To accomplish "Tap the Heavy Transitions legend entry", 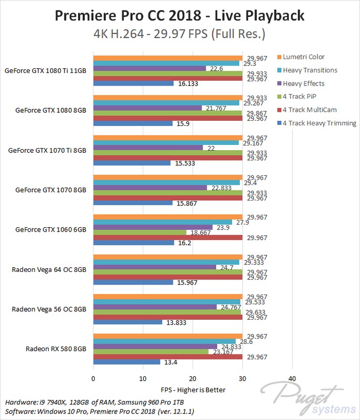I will [310, 70].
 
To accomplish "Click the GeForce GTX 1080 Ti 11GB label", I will [45, 70].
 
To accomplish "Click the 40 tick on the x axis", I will [292, 378].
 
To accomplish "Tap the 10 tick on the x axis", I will [143, 378].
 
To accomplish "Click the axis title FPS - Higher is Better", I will [193, 390].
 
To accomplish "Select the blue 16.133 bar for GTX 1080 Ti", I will [133, 83].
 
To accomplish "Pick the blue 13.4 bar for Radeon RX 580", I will [126, 362].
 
